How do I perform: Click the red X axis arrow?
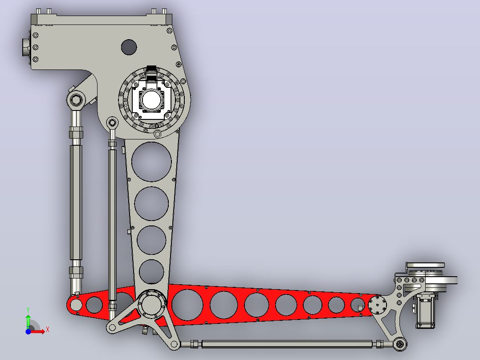pyautogui.click(x=37, y=331)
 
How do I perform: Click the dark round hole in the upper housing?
pyautogui.click(x=129, y=47)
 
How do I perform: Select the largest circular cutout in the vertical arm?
pyautogui.click(x=151, y=162)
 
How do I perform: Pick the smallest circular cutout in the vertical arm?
pyautogui.click(x=151, y=271)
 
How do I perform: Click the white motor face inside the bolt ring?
pyautogui.click(x=151, y=99)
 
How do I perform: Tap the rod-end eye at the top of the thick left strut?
pyautogui.click(x=76, y=100)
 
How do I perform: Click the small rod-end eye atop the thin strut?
pyautogui.click(x=112, y=123)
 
